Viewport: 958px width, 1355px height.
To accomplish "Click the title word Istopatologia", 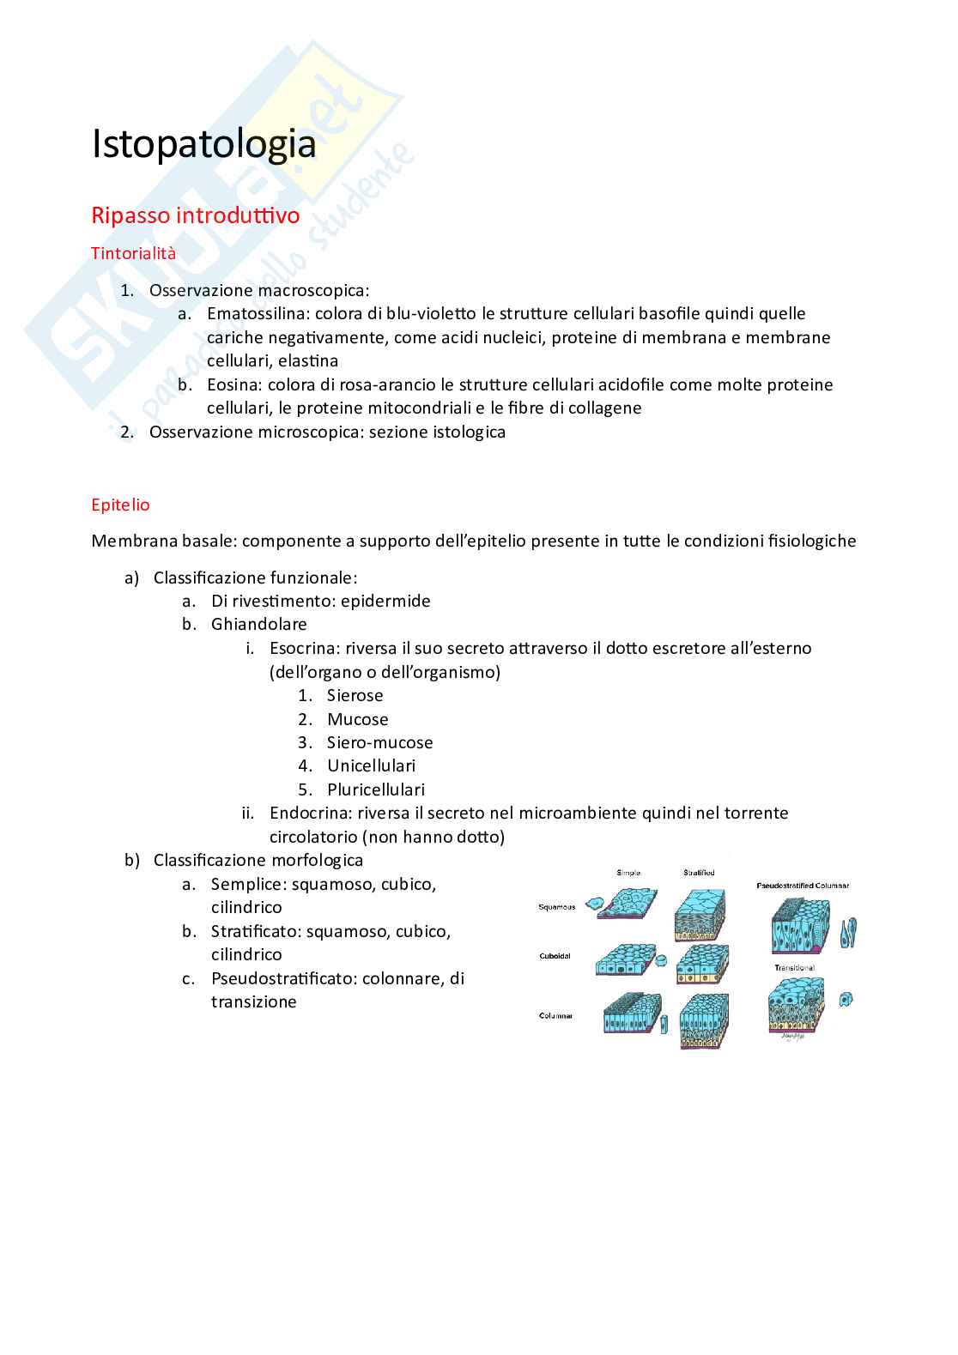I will [203, 145].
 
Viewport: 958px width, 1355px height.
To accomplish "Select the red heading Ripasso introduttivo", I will [195, 215].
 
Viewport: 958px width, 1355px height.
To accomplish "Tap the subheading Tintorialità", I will [133, 253].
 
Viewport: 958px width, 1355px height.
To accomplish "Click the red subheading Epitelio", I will [120, 505].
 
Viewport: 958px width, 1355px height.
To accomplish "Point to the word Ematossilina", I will [253, 314].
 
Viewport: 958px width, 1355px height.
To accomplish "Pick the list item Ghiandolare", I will [259, 624].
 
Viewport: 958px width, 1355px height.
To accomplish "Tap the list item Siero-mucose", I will [379, 742].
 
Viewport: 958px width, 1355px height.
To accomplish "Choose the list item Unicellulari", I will [371, 765].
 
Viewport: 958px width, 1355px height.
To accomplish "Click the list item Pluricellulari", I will [375, 789].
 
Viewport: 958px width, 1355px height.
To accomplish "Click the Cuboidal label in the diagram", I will [555, 956].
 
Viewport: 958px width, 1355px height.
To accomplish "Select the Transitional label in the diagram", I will [794, 968].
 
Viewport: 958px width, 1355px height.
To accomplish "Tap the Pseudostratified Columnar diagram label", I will [802, 885].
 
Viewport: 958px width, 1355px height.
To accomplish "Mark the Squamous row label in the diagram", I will [556, 906].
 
